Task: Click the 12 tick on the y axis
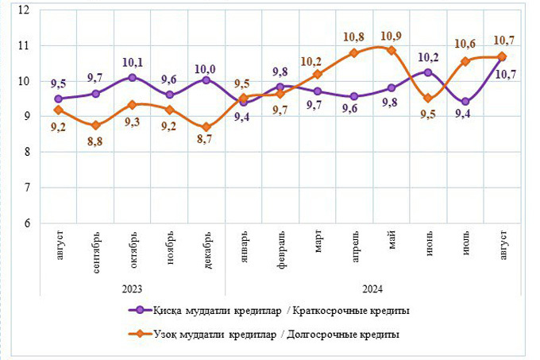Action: [23, 10]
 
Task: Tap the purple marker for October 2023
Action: [132, 78]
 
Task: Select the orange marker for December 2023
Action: [206, 127]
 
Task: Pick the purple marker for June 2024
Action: [429, 72]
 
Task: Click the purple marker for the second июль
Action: [465, 102]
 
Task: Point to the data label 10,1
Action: [132, 63]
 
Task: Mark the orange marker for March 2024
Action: [318, 75]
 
